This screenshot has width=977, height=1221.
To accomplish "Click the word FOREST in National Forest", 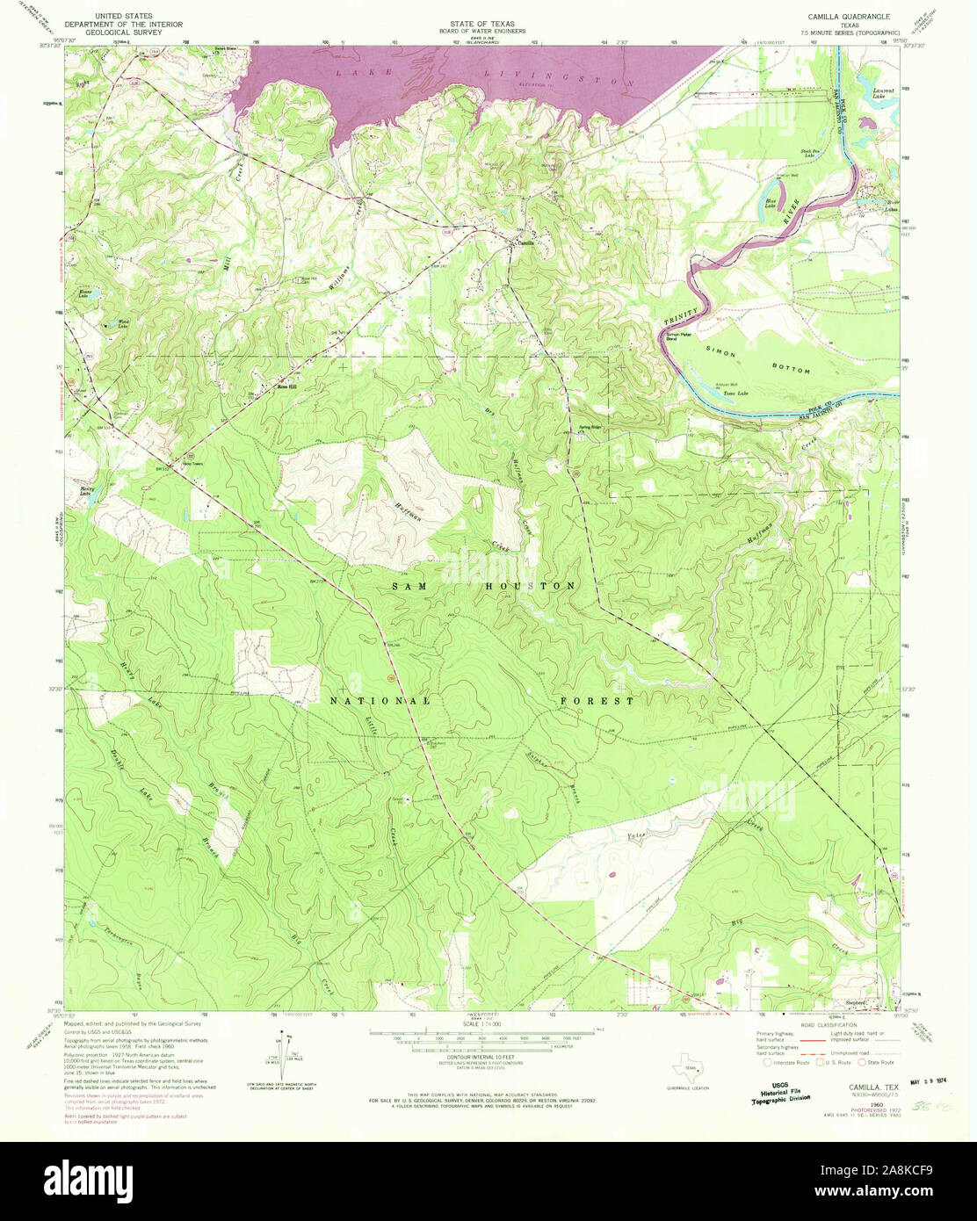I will click(x=597, y=701).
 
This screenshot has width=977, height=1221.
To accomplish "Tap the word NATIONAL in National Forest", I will click(x=380, y=701).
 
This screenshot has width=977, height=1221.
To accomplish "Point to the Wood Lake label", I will click(x=124, y=322).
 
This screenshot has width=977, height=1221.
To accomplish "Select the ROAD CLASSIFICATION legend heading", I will click(x=822, y=1025).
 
